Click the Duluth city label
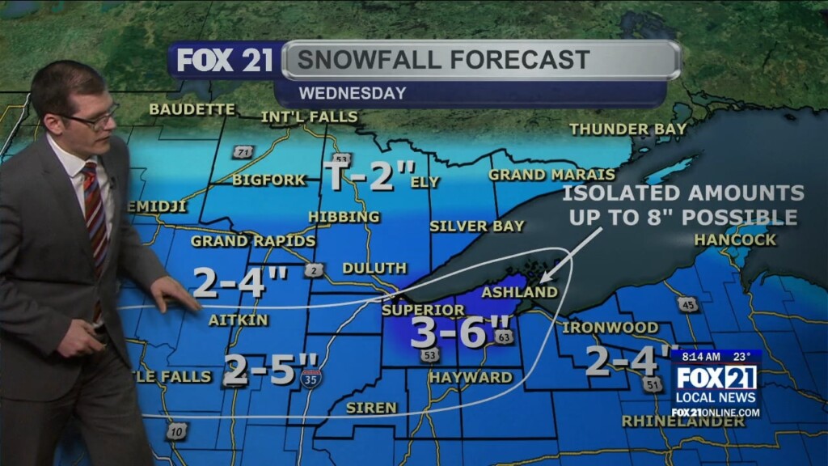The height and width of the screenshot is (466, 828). pyautogui.click(x=374, y=268)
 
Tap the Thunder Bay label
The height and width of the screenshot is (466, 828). pyautogui.click(x=627, y=129)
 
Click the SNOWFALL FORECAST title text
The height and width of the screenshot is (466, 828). pyautogui.click(x=443, y=60)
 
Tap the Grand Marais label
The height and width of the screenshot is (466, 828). pyautogui.click(x=551, y=175)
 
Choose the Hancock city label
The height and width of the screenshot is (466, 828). pyautogui.click(x=734, y=239)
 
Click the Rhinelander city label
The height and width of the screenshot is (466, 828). pyautogui.click(x=671, y=422)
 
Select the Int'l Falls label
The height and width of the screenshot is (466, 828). pyautogui.click(x=309, y=117)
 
